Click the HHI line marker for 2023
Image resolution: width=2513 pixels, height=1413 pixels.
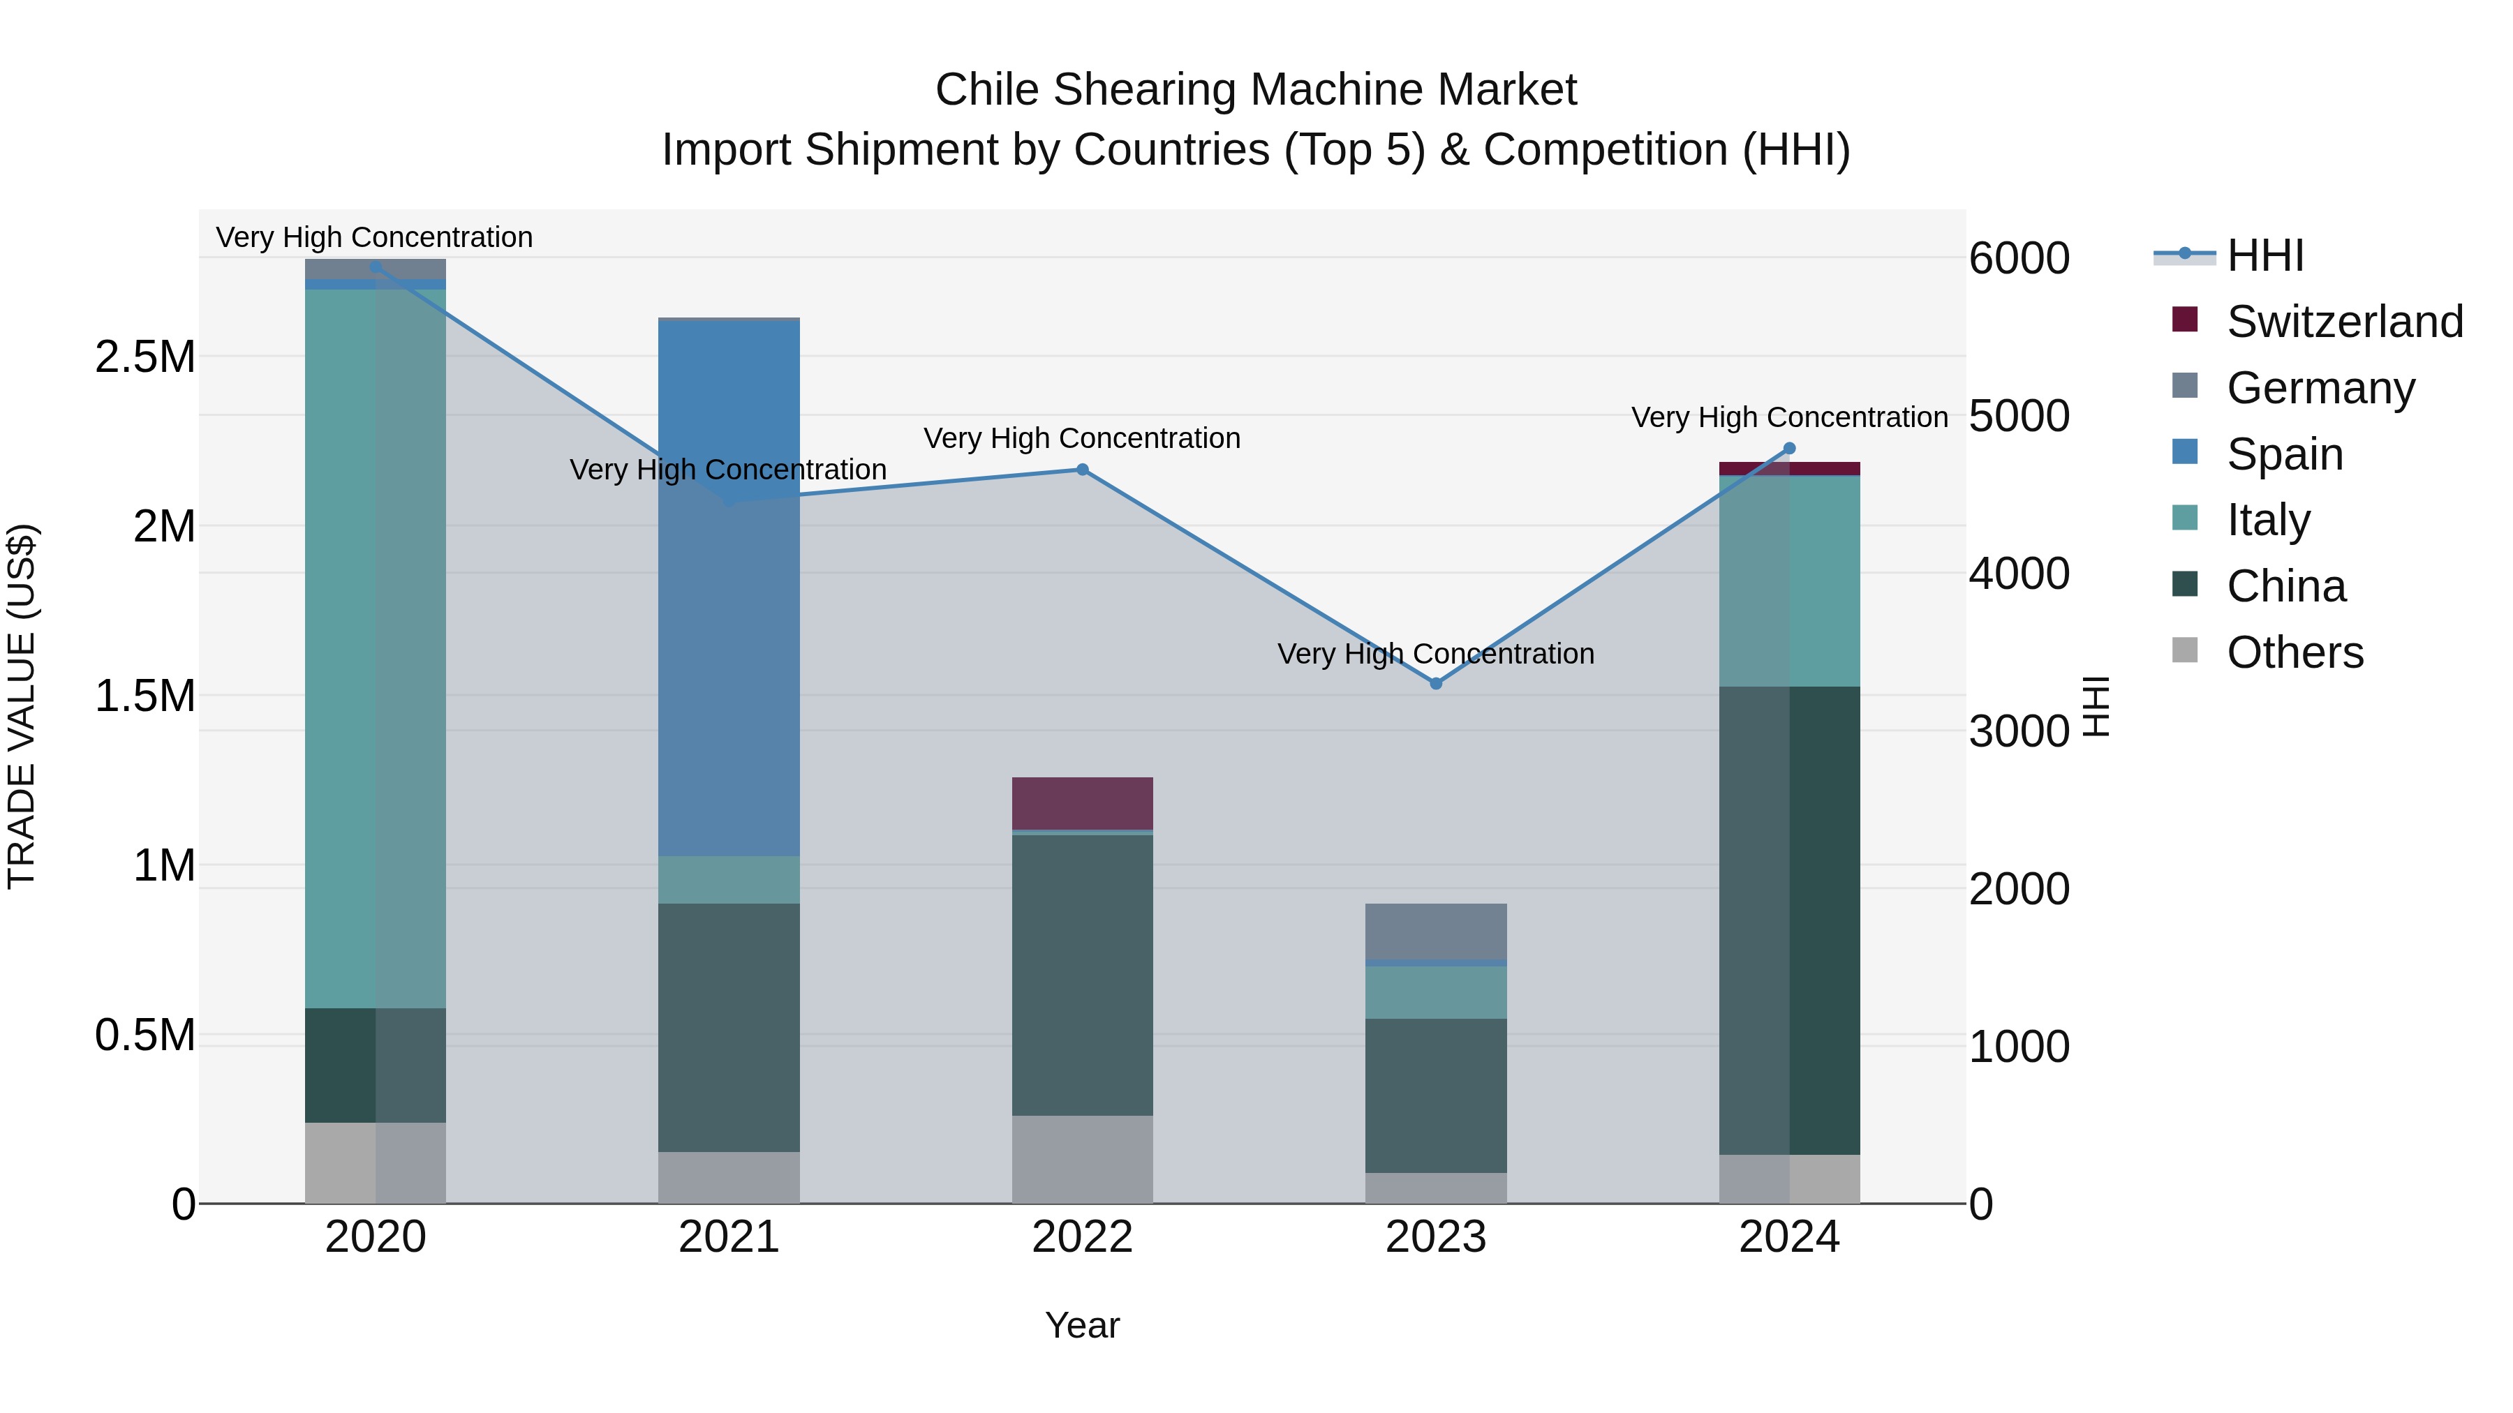tap(1435, 684)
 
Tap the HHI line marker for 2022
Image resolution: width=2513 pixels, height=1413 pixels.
tap(1082, 470)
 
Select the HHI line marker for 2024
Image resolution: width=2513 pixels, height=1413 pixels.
tap(1789, 449)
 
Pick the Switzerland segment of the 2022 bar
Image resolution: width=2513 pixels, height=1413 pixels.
tap(1082, 802)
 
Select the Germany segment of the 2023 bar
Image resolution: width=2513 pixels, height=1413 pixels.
tap(1435, 932)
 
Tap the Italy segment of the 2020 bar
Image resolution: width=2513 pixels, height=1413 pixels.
tap(376, 648)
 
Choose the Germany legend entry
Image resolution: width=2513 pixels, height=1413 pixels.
tap(2320, 388)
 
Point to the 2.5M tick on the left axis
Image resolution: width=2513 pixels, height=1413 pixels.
tap(145, 357)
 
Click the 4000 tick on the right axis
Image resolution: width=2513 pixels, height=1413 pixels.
tap(2018, 574)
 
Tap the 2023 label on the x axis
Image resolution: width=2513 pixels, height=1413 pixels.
tap(1435, 1237)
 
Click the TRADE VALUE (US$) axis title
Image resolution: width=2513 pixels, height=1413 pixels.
tap(22, 706)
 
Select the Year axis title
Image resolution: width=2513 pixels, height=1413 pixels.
tap(1082, 1325)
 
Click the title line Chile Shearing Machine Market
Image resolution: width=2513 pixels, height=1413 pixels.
tap(1256, 90)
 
